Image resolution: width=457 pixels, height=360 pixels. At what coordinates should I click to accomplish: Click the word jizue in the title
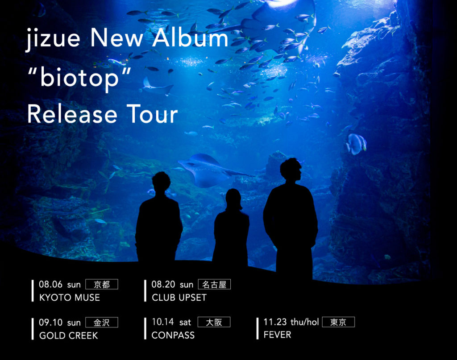coord(53,39)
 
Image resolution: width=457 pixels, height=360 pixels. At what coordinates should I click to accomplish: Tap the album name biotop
coord(79,78)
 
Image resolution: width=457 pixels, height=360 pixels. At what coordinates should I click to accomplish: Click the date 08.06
coord(51,284)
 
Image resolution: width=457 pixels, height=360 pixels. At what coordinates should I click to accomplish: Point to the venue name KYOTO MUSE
coord(70,298)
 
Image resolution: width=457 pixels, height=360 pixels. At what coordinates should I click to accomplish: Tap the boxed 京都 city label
coord(102,284)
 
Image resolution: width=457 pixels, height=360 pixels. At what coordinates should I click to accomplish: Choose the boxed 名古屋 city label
coord(214,284)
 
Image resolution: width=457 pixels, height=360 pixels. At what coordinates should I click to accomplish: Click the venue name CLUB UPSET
coord(179,298)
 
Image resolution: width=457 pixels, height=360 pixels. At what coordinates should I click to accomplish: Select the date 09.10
coord(51,323)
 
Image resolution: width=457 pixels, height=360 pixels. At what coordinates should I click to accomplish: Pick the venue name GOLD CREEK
coord(69,335)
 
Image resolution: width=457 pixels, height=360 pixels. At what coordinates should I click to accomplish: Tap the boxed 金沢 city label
coord(102,323)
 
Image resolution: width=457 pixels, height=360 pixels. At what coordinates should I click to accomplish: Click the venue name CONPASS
coord(173,335)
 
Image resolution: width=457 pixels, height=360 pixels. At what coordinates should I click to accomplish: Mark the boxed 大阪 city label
coord(214,322)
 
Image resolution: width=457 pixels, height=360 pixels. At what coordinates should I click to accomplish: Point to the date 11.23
coord(275,322)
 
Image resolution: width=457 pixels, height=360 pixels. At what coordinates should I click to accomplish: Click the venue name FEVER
coord(278,335)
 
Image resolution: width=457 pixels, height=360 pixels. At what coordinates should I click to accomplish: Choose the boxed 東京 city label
coord(338,322)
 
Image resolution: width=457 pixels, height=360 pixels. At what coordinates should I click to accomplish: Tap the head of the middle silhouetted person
coord(233,199)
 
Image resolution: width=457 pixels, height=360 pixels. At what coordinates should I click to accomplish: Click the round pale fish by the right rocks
coord(356,144)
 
